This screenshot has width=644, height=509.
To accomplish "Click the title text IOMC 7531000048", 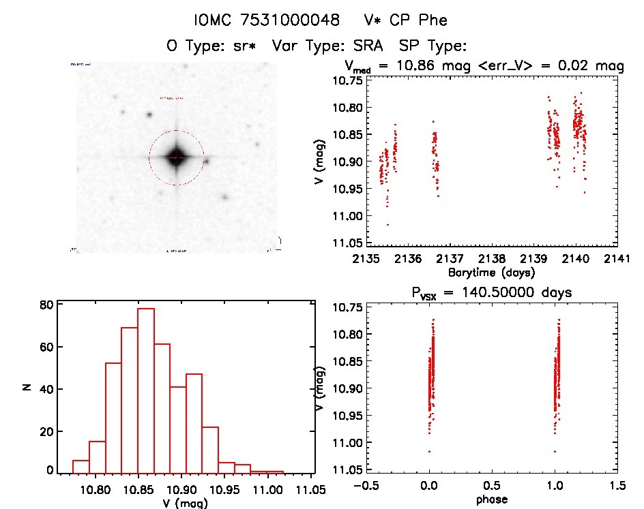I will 267,20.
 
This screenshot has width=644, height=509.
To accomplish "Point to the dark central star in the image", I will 176,157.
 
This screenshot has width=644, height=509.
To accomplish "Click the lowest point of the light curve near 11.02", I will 387,225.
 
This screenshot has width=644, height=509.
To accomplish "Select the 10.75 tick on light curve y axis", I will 346,80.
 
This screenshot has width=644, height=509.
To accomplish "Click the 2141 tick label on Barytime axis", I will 617,259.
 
